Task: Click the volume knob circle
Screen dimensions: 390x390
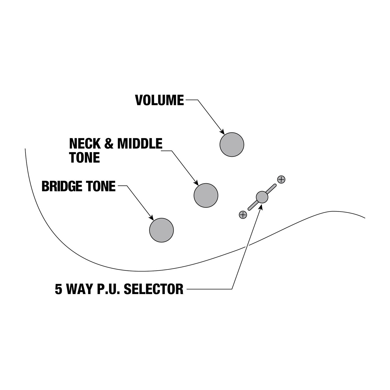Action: tap(232, 145)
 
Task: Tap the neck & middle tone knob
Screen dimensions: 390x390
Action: tap(206, 195)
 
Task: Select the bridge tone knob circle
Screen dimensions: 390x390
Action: tap(161, 230)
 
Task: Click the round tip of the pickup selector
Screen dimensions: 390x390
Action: tap(262, 197)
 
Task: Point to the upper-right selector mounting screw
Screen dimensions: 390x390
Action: tap(281, 179)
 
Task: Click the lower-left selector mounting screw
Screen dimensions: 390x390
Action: tap(243, 215)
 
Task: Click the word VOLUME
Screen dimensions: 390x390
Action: tap(160, 100)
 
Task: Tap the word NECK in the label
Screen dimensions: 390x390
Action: tap(85, 144)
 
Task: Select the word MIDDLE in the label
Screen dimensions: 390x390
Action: tap(140, 144)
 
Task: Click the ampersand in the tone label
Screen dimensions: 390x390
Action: tap(109, 144)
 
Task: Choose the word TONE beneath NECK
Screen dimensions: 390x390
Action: tap(85, 158)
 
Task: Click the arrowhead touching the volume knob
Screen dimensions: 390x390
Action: tap(222, 132)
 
